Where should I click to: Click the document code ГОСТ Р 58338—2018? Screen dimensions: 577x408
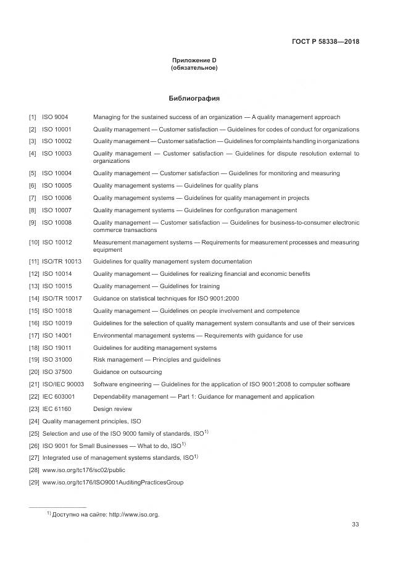[325, 42]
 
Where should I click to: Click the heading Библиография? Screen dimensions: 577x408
[194, 98]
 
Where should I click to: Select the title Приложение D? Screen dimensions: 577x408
[194, 60]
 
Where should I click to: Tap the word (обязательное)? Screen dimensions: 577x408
[194, 67]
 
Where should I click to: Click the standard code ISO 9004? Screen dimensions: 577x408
[55, 117]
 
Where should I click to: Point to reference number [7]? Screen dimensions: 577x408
[33, 198]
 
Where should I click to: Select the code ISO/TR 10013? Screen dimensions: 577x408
[62, 262]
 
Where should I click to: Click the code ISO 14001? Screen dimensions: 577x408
[57, 336]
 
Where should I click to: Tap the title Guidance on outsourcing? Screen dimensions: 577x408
[127, 372]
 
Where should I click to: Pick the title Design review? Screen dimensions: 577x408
[112, 409]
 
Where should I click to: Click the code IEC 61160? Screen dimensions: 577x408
[57, 409]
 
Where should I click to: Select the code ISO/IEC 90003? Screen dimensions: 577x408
[63, 384]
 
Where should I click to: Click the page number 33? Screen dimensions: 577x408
[355, 525]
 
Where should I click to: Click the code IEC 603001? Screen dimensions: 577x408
[59, 396]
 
